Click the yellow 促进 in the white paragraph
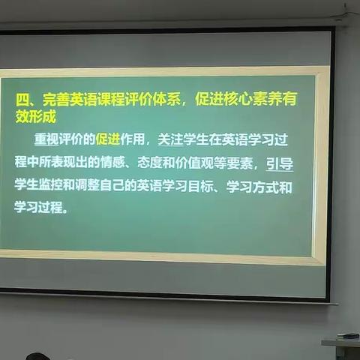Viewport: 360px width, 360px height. click(107, 139)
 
